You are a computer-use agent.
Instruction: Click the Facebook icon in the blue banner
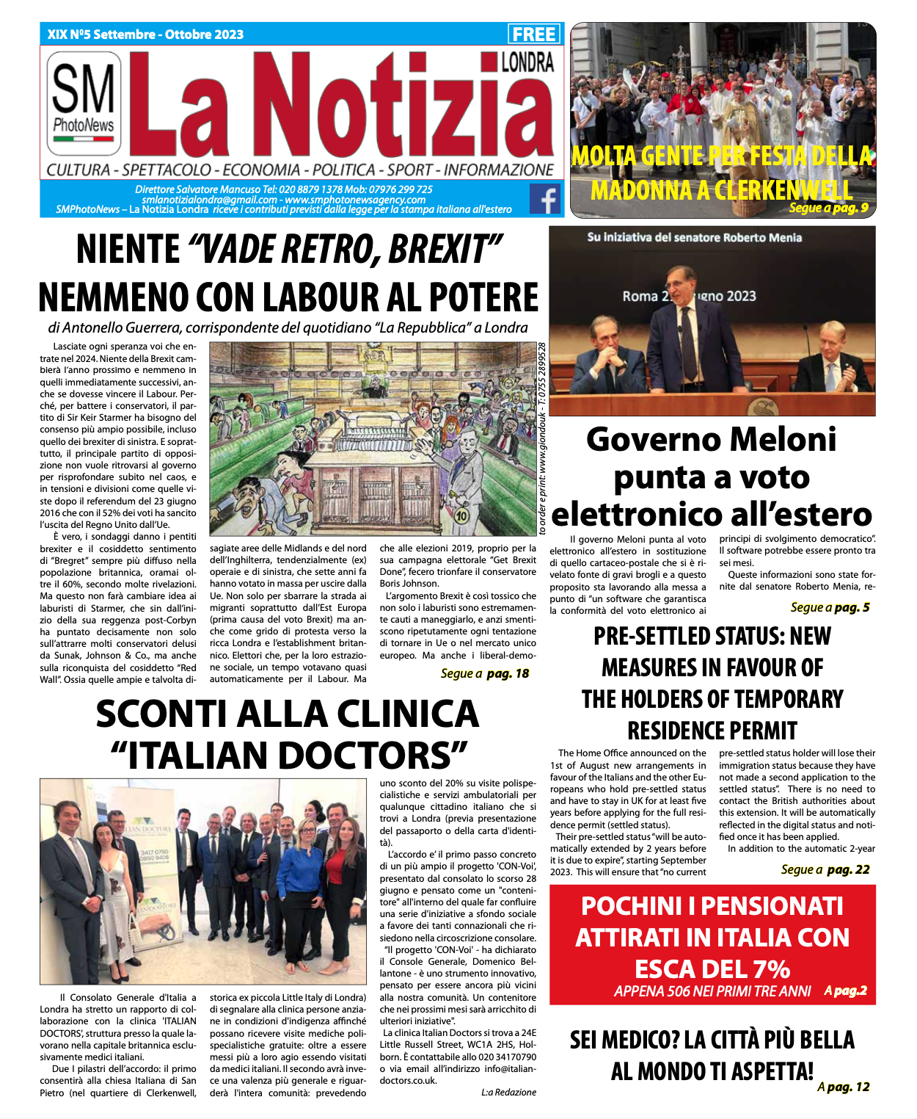click(545, 199)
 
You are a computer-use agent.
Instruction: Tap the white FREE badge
click(534, 34)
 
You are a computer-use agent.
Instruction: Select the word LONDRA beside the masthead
click(527, 62)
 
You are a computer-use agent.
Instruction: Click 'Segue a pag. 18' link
click(485, 673)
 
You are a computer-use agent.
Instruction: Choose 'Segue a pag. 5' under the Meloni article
click(830, 607)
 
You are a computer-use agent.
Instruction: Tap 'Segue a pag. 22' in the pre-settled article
click(825, 869)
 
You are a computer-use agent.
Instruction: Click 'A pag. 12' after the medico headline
click(844, 1087)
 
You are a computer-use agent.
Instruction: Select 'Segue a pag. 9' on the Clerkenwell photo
click(828, 208)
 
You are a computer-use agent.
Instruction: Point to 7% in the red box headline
click(767, 969)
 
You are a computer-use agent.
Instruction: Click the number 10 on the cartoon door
click(461, 515)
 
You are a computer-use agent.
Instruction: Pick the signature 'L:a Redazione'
click(508, 1093)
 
